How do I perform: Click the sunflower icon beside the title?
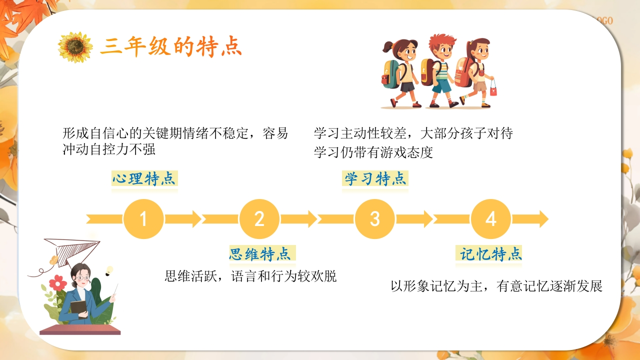(75, 47)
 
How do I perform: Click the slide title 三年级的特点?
(171, 46)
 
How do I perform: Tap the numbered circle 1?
(143, 219)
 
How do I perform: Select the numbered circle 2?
(259, 219)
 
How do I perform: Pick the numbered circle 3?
(375, 219)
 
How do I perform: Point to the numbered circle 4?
(491, 219)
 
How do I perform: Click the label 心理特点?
(144, 178)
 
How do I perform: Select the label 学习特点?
(375, 178)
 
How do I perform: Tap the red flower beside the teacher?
(57, 283)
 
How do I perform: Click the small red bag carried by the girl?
(493, 88)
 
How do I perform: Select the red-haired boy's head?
(441, 46)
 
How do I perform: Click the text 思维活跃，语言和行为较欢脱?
(250, 276)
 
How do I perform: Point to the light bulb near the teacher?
(109, 271)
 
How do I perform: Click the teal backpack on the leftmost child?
(390, 74)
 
